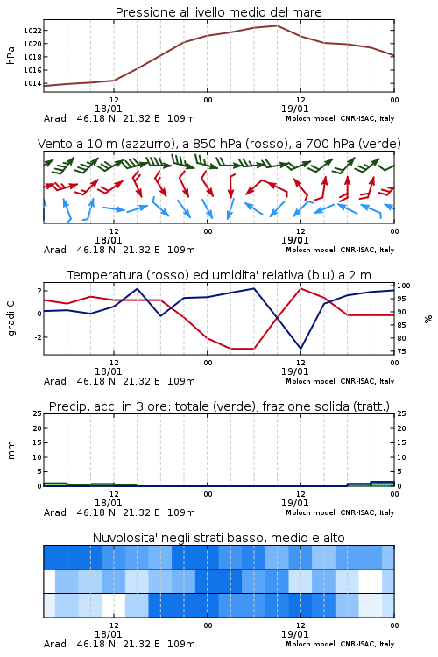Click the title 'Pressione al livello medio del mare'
coord(218,12)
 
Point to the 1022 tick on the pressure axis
coord(32,31)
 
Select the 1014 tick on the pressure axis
coord(32,83)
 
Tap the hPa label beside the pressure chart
coord(11,55)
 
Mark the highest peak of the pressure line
coord(277,25)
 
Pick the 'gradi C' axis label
coord(11,319)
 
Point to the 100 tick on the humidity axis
coord(404,286)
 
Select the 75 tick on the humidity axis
coord(401,351)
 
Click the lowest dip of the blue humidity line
coord(300,348)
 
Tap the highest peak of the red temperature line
coord(300,288)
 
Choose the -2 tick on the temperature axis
coord(38,337)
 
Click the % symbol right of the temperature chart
coord(428,319)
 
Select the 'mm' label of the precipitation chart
coord(11,450)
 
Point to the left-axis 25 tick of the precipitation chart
coord(38,413)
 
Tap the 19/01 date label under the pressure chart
coord(294,109)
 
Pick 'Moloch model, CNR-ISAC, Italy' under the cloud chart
coord(340,644)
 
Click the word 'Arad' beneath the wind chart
coord(55,250)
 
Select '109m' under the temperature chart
coord(181,381)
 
